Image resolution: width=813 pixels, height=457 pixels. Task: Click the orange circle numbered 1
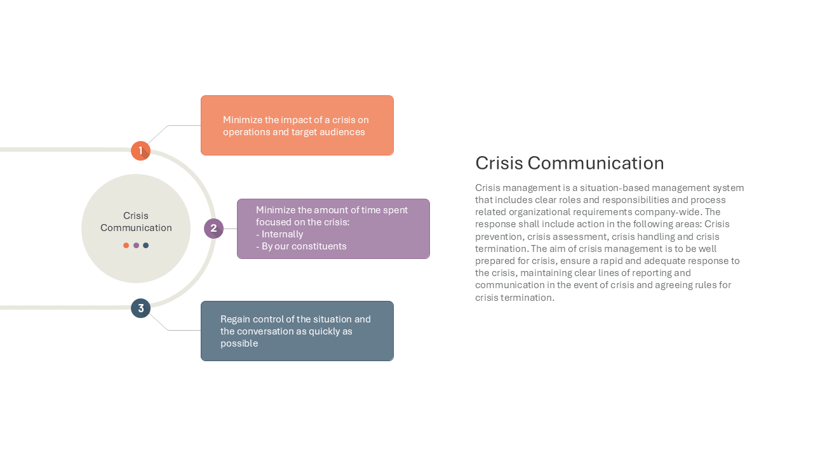pyautogui.click(x=140, y=150)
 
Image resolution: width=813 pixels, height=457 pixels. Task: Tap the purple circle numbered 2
pyautogui.click(x=213, y=228)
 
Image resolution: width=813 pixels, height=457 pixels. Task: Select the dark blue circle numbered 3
pyautogui.click(x=140, y=308)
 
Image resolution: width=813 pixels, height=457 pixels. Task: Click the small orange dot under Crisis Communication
pyautogui.click(x=126, y=246)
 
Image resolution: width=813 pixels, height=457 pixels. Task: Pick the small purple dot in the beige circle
pyautogui.click(x=136, y=246)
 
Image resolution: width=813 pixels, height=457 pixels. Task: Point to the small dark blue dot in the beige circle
pyautogui.click(x=146, y=246)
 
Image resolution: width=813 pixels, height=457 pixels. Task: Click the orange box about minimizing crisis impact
pyautogui.click(x=297, y=126)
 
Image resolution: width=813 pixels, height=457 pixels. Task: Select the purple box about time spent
pyautogui.click(x=333, y=229)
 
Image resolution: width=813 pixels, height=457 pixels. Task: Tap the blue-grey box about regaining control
pyautogui.click(x=297, y=331)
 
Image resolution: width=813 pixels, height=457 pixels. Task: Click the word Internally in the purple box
pyautogui.click(x=283, y=234)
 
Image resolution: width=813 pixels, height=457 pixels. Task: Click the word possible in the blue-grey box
pyautogui.click(x=239, y=343)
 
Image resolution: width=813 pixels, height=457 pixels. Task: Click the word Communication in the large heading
pyautogui.click(x=596, y=163)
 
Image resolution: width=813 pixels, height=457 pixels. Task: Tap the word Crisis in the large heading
pyautogui.click(x=499, y=163)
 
